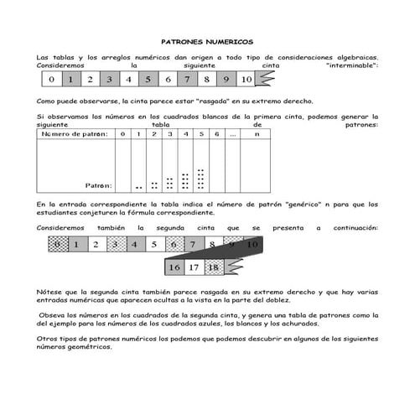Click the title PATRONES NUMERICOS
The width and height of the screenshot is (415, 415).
(x=206, y=40)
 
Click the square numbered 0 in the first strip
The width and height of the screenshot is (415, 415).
(x=52, y=80)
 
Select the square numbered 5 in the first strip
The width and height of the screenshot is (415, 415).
(x=148, y=80)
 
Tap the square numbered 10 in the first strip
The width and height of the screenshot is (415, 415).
(x=245, y=80)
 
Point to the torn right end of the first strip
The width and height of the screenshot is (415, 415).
(x=263, y=80)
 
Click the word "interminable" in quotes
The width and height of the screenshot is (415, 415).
(x=351, y=65)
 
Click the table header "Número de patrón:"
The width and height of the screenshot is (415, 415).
(x=75, y=133)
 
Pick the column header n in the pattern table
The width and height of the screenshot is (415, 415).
(x=257, y=133)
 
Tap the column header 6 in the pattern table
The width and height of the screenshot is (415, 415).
(x=215, y=133)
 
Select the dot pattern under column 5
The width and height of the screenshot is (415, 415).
(x=200, y=179)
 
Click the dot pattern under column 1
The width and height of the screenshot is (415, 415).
(x=138, y=187)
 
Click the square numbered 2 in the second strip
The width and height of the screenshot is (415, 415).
(x=96, y=245)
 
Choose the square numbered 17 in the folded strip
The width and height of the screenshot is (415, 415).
(x=193, y=267)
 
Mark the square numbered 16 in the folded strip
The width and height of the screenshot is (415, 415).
(x=174, y=267)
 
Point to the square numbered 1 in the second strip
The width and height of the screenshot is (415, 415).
(x=76, y=245)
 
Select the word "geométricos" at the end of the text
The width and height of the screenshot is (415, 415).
(x=91, y=346)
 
